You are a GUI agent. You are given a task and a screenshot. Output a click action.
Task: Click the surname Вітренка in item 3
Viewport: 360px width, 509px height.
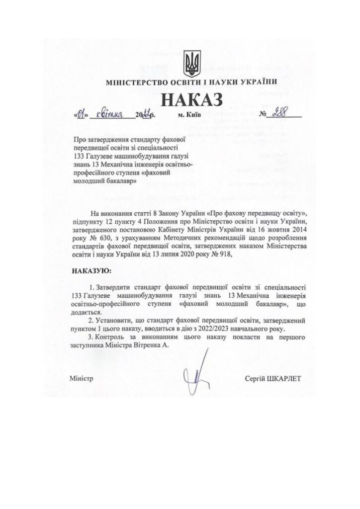tap(147, 346)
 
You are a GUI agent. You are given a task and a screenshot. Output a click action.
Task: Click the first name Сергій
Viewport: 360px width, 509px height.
tap(256, 379)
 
